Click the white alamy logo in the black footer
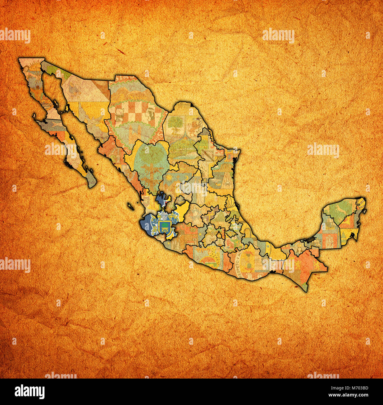click(x=29, y=391)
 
